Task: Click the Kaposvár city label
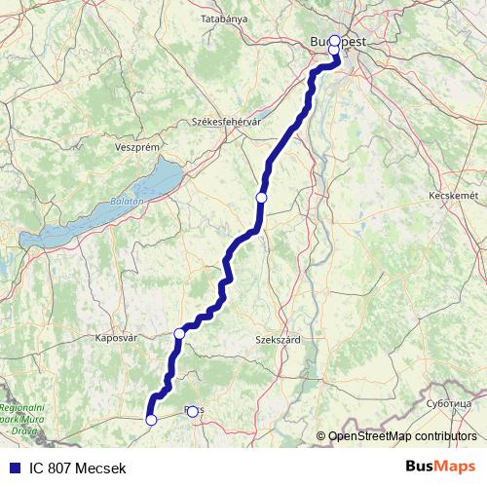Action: pos(117,339)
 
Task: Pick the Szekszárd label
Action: pos(278,340)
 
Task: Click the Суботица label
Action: pos(453,402)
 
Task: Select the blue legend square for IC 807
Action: pos(13,468)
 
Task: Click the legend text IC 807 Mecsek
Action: pos(78,468)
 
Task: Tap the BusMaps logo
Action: pos(441,467)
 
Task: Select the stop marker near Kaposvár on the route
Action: pos(179,334)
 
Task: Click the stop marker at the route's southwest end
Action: pos(151,420)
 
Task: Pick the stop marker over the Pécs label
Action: pos(192,411)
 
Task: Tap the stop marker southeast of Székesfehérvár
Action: pos(261,198)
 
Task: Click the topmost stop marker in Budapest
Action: pos(334,41)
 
